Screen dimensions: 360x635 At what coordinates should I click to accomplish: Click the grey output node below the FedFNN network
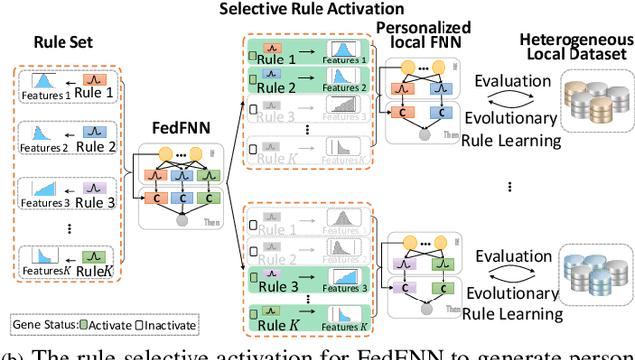[x=180, y=217]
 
